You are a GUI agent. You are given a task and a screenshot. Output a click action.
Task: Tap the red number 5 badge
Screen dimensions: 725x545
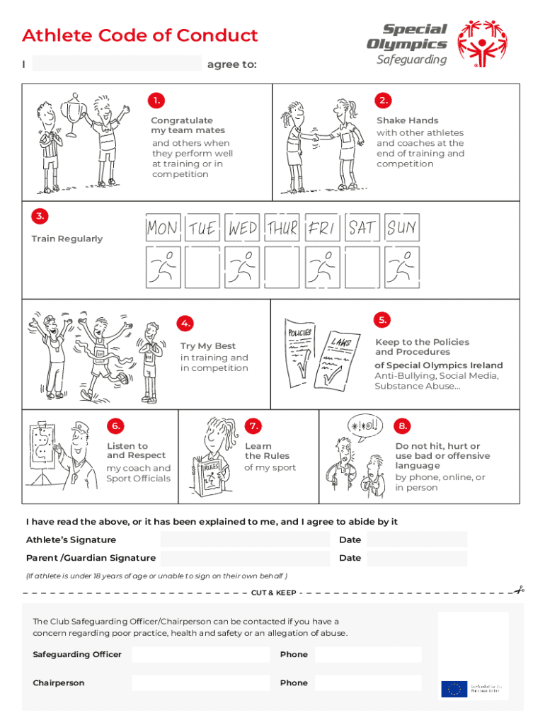click(382, 320)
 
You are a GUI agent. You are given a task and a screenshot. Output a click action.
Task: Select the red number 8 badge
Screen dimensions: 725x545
click(402, 426)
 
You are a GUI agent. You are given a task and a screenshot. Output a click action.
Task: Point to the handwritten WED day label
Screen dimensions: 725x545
click(243, 228)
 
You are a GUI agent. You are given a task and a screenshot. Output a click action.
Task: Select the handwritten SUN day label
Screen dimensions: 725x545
click(402, 228)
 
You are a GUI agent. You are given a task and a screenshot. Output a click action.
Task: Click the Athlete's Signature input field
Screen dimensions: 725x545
click(244, 540)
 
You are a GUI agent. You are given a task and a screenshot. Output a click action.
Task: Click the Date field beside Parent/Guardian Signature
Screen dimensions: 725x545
click(417, 558)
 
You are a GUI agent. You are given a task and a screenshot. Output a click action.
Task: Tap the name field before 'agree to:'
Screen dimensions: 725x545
click(117, 64)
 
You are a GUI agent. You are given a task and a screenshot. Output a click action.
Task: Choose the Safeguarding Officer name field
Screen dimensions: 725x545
click(200, 655)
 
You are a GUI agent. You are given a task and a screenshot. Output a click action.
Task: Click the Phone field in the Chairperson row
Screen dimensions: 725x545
click(368, 683)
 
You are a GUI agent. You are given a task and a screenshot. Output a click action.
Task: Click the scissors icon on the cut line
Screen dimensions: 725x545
click(519, 590)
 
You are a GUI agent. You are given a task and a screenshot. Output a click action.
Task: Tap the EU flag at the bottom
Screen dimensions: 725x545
click(454, 689)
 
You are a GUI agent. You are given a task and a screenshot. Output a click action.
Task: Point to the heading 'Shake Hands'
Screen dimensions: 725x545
click(407, 120)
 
